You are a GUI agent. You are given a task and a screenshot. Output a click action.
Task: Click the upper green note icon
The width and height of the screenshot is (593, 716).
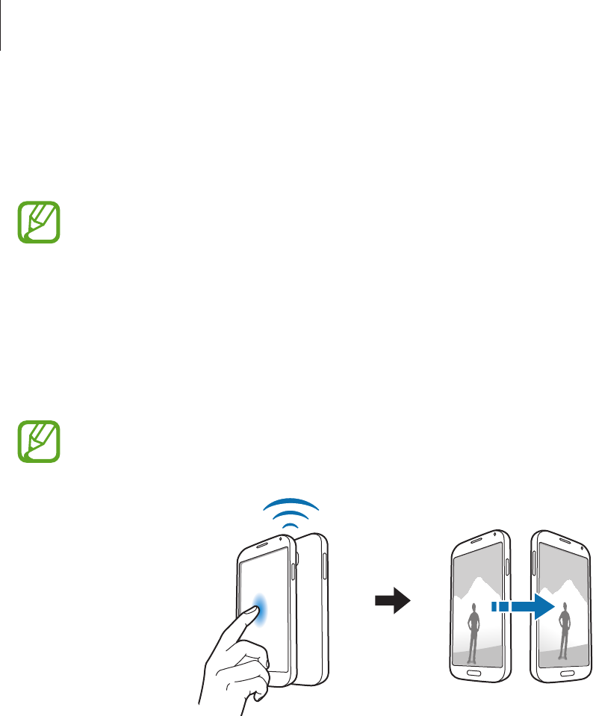click(39, 220)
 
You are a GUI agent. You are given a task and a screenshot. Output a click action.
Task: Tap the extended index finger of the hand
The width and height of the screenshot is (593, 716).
click(237, 629)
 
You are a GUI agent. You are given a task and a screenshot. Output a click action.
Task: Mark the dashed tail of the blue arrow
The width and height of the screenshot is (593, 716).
click(502, 608)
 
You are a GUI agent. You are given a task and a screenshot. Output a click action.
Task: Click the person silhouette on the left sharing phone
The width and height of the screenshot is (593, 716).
click(472, 635)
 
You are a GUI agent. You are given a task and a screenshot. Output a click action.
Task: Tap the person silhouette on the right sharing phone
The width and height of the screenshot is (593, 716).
click(565, 634)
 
